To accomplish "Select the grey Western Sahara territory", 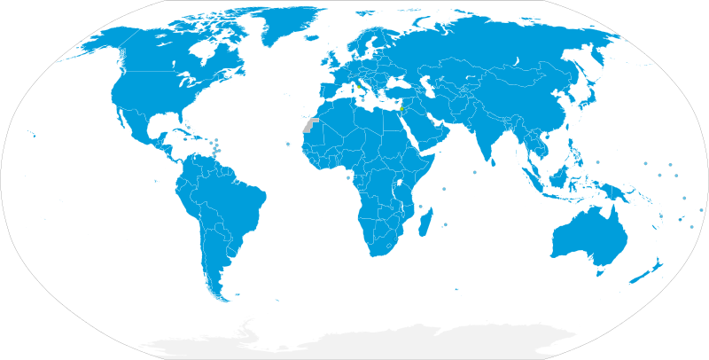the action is [x=309, y=125].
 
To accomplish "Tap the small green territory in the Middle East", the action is [x=401, y=109].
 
